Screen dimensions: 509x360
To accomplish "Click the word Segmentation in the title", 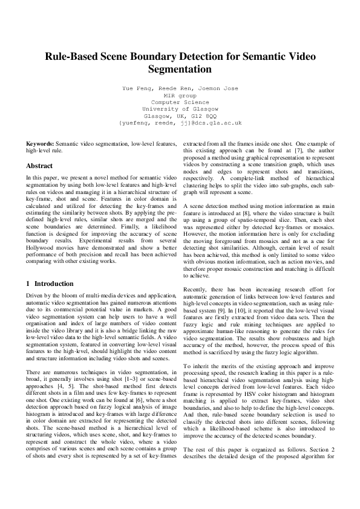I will click(x=180, y=70).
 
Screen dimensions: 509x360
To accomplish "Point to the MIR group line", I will click(x=180, y=95).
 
